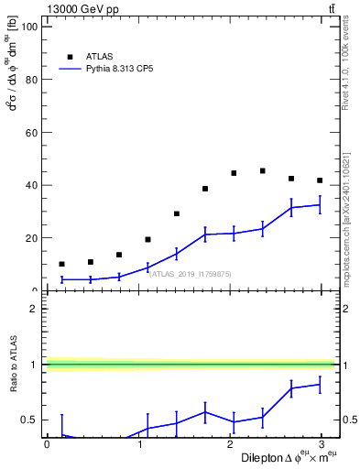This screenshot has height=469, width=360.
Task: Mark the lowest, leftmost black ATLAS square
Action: tap(61, 264)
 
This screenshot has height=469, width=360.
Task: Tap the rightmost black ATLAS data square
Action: tap(320, 180)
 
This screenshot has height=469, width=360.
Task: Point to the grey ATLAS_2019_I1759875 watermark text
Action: tap(191, 273)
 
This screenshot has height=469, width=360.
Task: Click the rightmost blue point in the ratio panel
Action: tap(320, 385)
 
